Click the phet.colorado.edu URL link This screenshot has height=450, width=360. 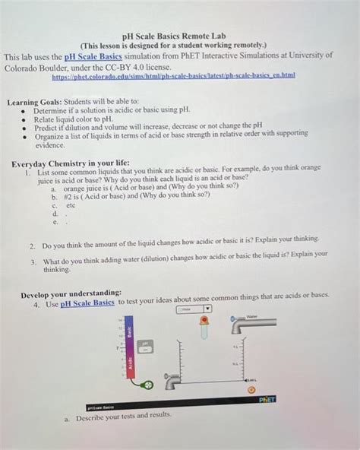tap(174, 77)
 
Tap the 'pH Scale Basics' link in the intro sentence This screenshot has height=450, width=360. tap(94, 56)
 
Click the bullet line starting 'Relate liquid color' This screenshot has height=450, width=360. tap(77, 119)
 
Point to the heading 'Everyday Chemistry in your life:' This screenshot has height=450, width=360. tap(71, 163)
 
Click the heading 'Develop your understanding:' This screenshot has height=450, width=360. tap(71, 293)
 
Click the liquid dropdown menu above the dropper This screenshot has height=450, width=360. tap(192, 310)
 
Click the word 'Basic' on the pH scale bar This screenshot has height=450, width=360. tap(129, 332)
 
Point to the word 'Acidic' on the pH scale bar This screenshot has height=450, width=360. tap(129, 365)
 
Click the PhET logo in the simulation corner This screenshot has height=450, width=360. tap(267, 398)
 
